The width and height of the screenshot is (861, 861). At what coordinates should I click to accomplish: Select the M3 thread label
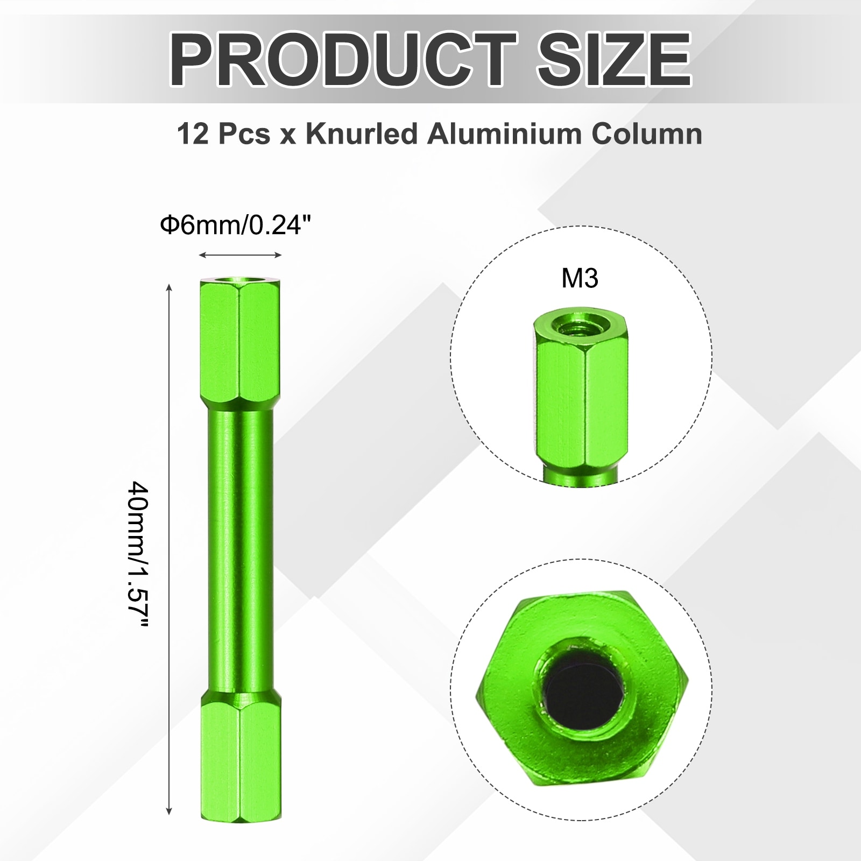coord(580,279)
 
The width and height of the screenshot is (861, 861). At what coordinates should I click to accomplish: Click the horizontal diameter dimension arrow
coord(240,256)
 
